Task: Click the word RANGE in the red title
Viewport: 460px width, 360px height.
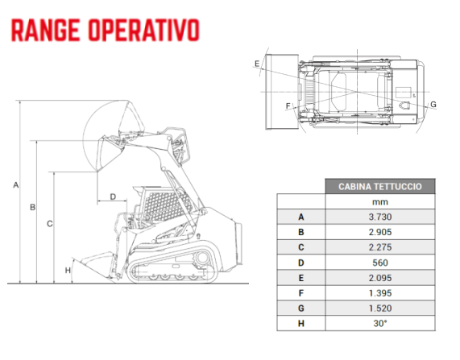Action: tap(45, 30)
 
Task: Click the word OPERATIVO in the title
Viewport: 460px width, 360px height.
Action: tap(143, 30)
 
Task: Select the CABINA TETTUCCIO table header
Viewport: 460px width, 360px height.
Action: tap(380, 186)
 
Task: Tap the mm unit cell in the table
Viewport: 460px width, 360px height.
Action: tap(380, 202)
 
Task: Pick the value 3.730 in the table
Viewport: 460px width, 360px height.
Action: tap(380, 217)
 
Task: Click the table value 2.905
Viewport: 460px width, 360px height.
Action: tap(380, 232)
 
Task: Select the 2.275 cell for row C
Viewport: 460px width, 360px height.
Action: tap(380, 247)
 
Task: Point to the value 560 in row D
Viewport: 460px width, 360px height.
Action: tap(380, 263)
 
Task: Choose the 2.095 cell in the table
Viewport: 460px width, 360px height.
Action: tap(380, 278)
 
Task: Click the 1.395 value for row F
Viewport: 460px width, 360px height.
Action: tap(380, 293)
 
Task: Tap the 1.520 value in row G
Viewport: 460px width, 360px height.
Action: tap(380, 308)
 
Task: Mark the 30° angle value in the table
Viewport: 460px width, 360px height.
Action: tap(380, 323)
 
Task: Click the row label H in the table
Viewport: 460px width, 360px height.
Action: tap(301, 323)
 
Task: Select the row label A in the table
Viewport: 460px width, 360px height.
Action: tap(301, 217)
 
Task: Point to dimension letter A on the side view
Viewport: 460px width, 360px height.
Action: tap(16, 185)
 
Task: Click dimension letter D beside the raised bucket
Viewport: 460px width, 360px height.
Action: tap(113, 197)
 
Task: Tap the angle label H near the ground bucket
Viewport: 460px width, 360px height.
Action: tap(68, 271)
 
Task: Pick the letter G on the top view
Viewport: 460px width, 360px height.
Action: tap(433, 104)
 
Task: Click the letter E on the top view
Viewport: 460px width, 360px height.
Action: tap(257, 64)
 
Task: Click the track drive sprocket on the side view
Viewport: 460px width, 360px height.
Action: tap(202, 258)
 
